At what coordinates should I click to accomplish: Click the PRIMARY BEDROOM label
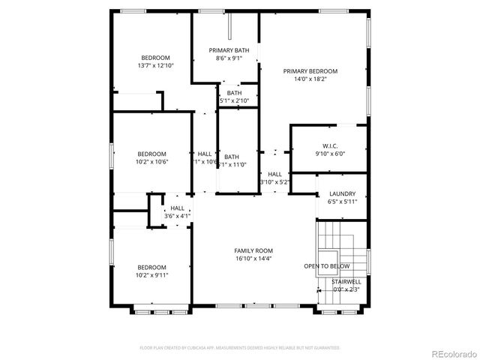click(310, 71)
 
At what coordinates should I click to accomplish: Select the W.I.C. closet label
click(331, 145)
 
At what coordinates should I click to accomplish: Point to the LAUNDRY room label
click(341, 193)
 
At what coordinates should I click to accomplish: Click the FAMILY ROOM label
click(253, 250)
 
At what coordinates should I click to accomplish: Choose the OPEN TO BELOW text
click(326, 266)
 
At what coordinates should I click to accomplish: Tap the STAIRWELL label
click(346, 282)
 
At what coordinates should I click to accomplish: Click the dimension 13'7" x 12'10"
click(155, 65)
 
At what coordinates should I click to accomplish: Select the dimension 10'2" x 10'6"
click(151, 161)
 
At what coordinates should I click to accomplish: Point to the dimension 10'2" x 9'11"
click(151, 274)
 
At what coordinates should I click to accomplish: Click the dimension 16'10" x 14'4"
click(253, 259)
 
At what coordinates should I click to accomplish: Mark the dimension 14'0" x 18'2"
click(310, 79)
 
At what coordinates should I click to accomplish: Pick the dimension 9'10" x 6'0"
click(331, 153)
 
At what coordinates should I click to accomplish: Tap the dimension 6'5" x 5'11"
click(341, 201)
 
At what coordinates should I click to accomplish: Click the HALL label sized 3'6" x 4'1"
click(177, 208)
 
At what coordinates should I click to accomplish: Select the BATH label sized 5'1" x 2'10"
click(235, 93)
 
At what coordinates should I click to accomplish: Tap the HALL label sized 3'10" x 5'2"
click(274, 174)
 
